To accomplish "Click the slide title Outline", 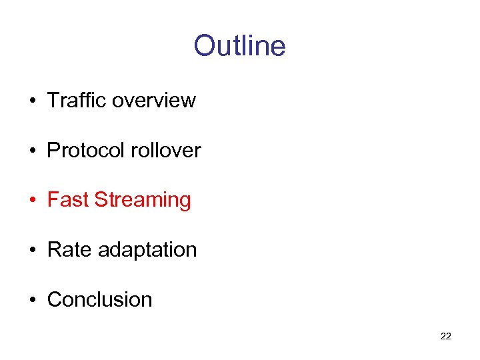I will [239, 46].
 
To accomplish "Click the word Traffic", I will [77, 100].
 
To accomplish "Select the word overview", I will [154, 100].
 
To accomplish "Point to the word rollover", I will [165, 150].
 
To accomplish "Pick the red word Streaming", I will [143, 201].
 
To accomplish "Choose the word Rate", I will [69, 250].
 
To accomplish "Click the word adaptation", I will [147, 251].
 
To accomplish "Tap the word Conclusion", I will [99, 300].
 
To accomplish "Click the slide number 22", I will [446, 336].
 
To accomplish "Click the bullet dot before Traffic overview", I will [31, 101].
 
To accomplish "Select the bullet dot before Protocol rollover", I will [31, 151].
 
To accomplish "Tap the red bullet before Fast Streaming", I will [31, 201].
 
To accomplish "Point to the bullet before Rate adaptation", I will [31, 251].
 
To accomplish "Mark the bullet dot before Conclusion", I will [31, 301].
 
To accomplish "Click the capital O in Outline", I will [204, 46].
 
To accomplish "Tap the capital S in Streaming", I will [101, 200].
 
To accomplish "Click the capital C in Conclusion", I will [54, 300].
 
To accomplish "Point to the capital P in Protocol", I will [53, 150].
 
